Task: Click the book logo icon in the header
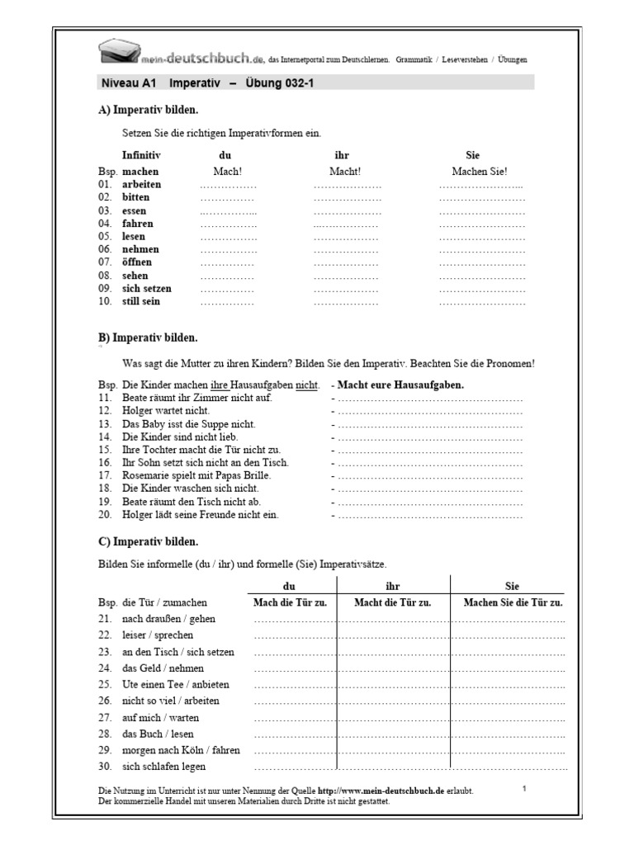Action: (x=119, y=54)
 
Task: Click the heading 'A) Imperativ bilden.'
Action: (x=148, y=110)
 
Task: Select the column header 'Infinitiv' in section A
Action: (x=141, y=155)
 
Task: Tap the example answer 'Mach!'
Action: (x=226, y=172)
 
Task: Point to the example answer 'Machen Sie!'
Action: (x=480, y=172)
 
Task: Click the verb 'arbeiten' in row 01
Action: (x=142, y=185)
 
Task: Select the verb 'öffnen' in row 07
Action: (x=137, y=262)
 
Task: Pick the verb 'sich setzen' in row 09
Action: (x=147, y=289)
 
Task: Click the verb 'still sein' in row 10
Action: (x=141, y=302)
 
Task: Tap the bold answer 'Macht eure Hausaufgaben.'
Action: (x=400, y=385)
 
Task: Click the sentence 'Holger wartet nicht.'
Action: (x=166, y=410)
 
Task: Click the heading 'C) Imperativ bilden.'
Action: (x=148, y=542)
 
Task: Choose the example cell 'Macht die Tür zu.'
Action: (x=393, y=603)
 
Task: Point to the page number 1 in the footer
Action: (x=525, y=789)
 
